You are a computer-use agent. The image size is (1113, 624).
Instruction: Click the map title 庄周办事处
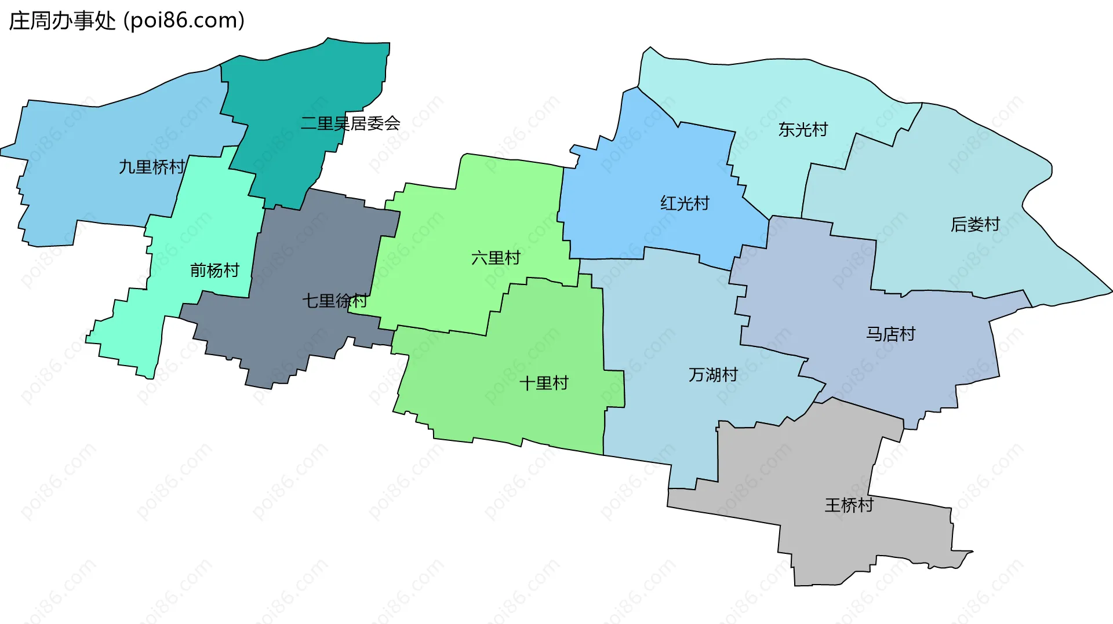(x=62, y=21)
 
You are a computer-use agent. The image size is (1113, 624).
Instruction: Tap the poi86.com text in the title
(x=184, y=21)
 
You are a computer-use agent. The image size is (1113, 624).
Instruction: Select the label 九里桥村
(x=152, y=167)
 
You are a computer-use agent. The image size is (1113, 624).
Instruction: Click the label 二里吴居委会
(x=350, y=123)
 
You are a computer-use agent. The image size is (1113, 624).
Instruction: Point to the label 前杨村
(x=214, y=270)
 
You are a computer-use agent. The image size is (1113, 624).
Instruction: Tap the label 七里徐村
(x=334, y=301)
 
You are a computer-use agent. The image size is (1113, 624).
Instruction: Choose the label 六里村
(x=496, y=258)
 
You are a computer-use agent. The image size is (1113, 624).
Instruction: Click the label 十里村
(x=544, y=383)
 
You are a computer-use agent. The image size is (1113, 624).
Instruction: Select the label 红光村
(x=685, y=203)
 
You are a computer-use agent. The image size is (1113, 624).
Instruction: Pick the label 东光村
(x=803, y=130)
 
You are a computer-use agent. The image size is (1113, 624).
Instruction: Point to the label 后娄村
(x=975, y=224)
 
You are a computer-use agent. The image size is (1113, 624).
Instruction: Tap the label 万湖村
(x=713, y=375)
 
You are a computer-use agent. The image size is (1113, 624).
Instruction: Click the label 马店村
(x=890, y=334)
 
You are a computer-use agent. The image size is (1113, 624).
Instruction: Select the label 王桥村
(x=849, y=505)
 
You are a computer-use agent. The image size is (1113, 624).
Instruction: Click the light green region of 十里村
(x=522, y=417)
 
